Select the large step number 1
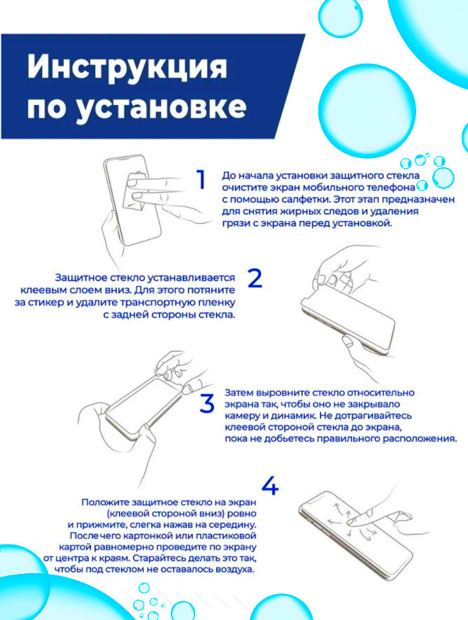click(x=201, y=180)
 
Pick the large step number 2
click(x=255, y=278)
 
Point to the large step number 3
click(x=207, y=403)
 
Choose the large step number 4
click(x=270, y=486)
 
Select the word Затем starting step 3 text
click(x=239, y=393)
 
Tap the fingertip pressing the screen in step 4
click(x=353, y=522)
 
